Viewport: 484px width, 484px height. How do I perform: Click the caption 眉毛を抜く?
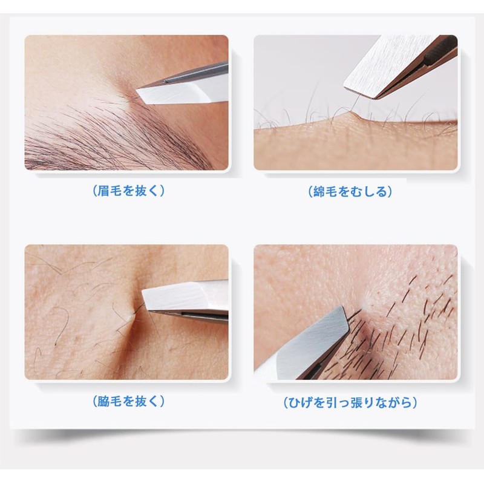[x=129, y=191]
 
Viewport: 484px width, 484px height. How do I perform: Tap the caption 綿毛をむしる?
[x=350, y=192]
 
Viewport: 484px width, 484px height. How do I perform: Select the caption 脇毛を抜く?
[x=129, y=401]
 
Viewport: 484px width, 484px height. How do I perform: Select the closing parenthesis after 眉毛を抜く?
[x=162, y=191]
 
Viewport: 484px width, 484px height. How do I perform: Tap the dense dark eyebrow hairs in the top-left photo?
[x=109, y=145]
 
